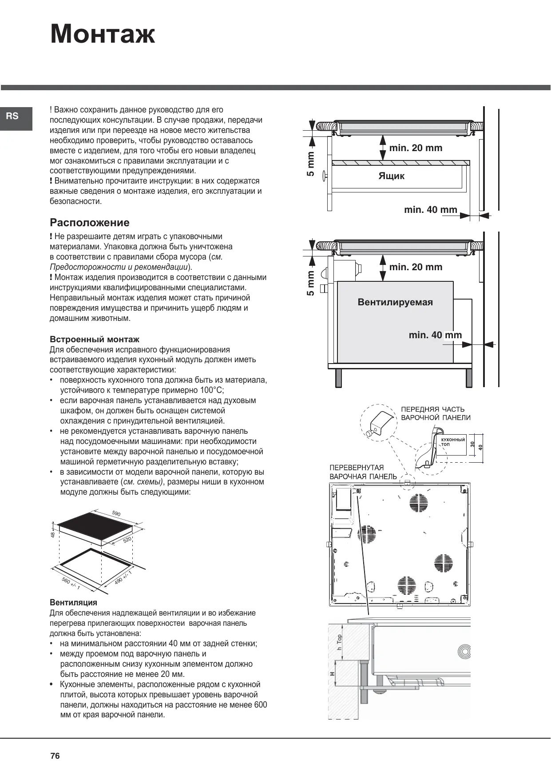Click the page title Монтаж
click(x=103, y=34)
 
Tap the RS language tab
click(x=13, y=116)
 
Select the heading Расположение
click(x=90, y=223)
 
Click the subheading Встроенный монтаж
click(x=95, y=340)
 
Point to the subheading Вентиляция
click(x=73, y=603)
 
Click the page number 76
click(x=55, y=756)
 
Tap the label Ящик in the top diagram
click(x=391, y=176)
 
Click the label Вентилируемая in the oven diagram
click(x=395, y=302)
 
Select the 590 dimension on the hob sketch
click(x=116, y=514)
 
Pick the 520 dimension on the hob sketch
click(x=127, y=540)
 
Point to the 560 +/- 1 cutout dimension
click(x=71, y=584)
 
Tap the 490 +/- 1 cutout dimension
click(x=123, y=577)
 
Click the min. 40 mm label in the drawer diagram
click(x=430, y=210)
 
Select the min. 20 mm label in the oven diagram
click(x=416, y=267)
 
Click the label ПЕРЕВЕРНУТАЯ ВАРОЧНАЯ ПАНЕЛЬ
click(x=363, y=472)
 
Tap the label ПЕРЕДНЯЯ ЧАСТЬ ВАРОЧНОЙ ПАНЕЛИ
click(x=435, y=413)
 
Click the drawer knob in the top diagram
click(x=325, y=176)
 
